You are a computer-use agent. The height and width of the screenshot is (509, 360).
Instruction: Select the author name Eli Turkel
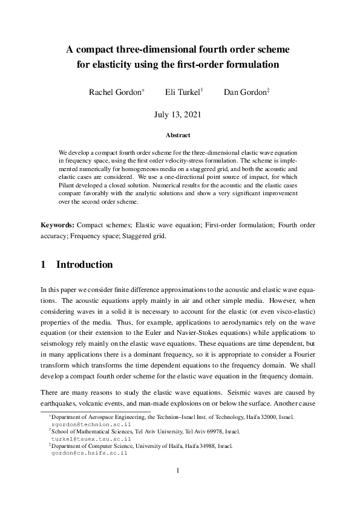(x=182, y=92)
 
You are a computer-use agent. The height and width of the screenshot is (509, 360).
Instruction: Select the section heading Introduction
(x=84, y=265)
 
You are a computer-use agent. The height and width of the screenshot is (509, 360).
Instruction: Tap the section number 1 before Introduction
(x=44, y=265)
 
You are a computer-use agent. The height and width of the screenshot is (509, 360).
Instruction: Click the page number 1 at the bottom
(x=178, y=470)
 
